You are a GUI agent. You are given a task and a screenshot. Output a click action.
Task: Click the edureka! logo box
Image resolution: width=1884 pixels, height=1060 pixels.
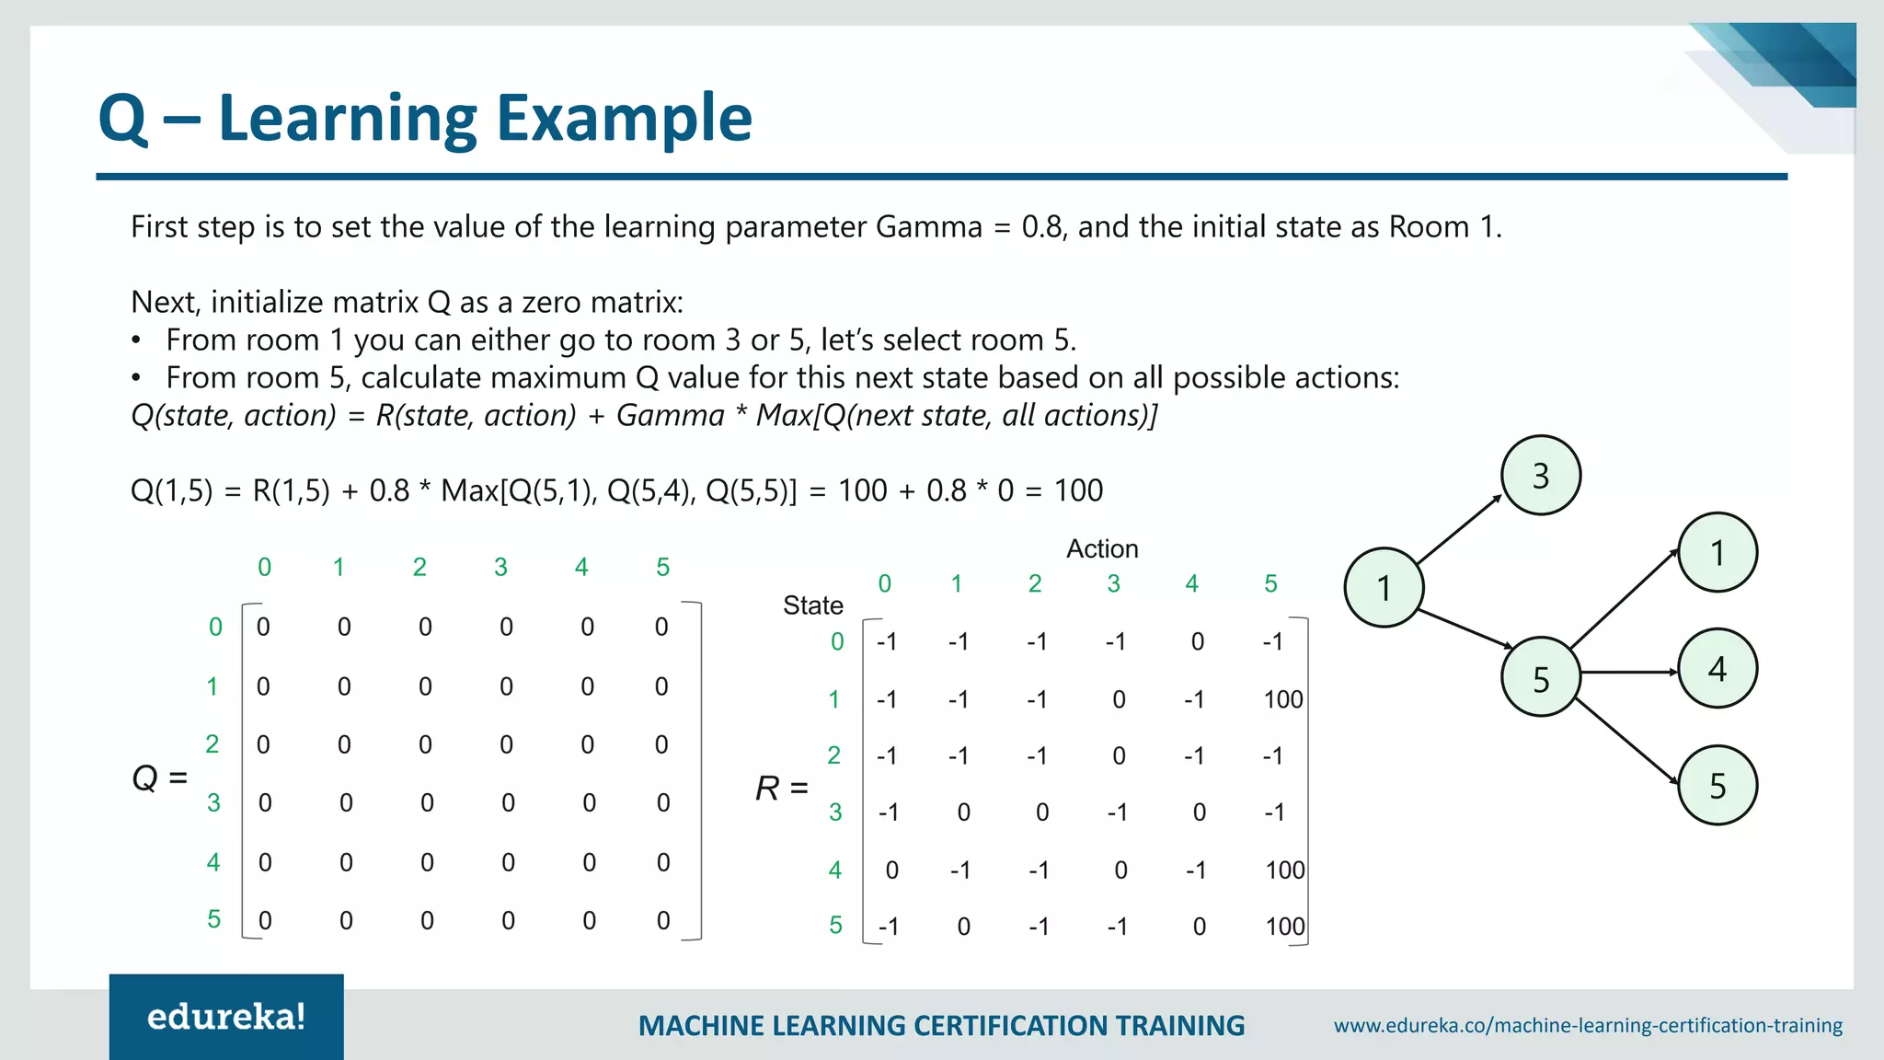coord(226,1016)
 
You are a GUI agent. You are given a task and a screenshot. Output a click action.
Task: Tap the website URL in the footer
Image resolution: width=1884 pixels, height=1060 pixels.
coord(1588,1025)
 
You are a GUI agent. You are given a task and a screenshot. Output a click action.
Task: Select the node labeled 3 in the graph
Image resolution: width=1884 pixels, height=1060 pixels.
coord(1541,476)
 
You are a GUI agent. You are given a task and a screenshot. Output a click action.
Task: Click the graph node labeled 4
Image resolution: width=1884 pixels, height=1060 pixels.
coord(1717,669)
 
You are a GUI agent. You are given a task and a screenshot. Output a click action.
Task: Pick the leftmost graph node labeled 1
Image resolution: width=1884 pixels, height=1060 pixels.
coord(1384,588)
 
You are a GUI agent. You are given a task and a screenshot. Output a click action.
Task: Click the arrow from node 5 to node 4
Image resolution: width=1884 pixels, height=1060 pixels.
coord(1628,673)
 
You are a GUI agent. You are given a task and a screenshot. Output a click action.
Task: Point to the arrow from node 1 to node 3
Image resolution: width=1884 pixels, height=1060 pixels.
coord(1459,529)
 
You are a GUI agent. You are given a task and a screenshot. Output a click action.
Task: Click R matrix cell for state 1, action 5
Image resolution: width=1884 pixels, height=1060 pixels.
coord(1282,699)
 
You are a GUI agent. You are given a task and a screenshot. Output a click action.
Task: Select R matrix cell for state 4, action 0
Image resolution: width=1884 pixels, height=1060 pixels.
coord(891,870)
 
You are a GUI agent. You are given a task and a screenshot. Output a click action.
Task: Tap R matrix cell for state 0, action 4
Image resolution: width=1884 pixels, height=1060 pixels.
coord(1197,641)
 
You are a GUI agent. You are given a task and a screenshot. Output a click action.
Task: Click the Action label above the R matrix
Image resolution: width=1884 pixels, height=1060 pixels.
coord(1102,548)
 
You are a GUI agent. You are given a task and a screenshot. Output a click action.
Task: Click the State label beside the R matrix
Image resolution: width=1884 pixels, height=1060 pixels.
coord(812,605)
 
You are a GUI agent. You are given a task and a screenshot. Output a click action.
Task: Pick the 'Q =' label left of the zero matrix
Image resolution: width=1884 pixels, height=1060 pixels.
coord(160,778)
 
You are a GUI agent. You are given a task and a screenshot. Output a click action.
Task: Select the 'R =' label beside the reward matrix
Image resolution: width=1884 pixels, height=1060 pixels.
coord(781,789)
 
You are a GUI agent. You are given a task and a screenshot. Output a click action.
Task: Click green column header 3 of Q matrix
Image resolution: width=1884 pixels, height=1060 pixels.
coord(500,567)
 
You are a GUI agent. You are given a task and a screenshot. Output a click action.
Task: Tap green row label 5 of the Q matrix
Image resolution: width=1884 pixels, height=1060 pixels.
coord(213,919)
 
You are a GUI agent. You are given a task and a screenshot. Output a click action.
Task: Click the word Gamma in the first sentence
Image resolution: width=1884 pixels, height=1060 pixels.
coord(928,226)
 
